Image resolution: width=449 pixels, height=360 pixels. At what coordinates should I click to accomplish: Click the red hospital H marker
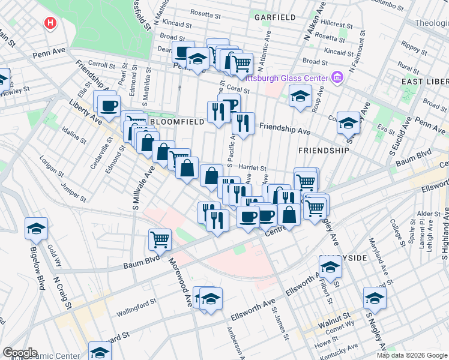click(x=50, y=24)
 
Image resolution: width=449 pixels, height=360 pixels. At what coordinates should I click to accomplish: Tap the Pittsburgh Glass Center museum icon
click(x=336, y=78)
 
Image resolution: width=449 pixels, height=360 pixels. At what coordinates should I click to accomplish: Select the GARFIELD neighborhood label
click(x=274, y=17)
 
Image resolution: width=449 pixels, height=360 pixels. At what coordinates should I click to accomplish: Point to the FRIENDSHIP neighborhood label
click(x=324, y=150)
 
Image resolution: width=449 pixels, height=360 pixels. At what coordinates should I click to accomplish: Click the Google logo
click(x=20, y=353)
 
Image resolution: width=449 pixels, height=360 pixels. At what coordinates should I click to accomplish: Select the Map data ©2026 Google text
click(x=412, y=355)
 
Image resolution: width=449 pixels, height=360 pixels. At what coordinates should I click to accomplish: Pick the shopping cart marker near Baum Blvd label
click(x=160, y=239)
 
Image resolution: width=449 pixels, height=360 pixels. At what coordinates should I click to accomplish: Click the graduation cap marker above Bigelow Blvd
click(x=36, y=229)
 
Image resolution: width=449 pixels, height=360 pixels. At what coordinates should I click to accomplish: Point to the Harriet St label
click(x=252, y=168)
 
